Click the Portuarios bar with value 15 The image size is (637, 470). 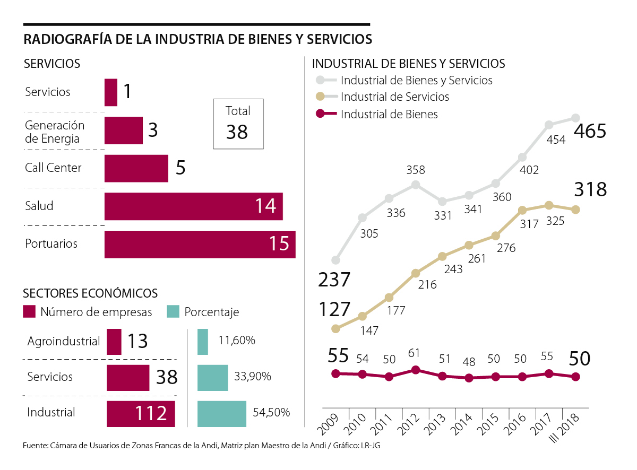pyautogui.click(x=200, y=245)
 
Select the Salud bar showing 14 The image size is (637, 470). pyautogui.click(x=193, y=206)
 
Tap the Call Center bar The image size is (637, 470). pyautogui.click(x=136, y=168)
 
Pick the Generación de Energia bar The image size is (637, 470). pyautogui.click(x=124, y=130)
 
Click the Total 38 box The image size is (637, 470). pyautogui.click(x=238, y=124)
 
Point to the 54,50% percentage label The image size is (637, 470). pyautogui.click(x=270, y=412)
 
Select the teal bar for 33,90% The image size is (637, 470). pyautogui.click(x=212, y=377)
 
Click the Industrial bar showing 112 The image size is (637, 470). pyautogui.click(x=141, y=413)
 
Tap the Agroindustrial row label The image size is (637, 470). pyautogui.click(x=64, y=341)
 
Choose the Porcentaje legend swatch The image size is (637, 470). pyautogui.click(x=173, y=311)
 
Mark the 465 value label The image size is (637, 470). pyautogui.click(x=590, y=131)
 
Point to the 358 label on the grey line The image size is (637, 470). pyautogui.click(x=416, y=171)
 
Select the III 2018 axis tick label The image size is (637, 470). pyautogui.click(x=565, y=427)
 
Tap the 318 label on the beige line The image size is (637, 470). pyautogui.click(x=590, y=189)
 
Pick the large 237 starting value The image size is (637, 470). pyautogui.click(x=334, y=280)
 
